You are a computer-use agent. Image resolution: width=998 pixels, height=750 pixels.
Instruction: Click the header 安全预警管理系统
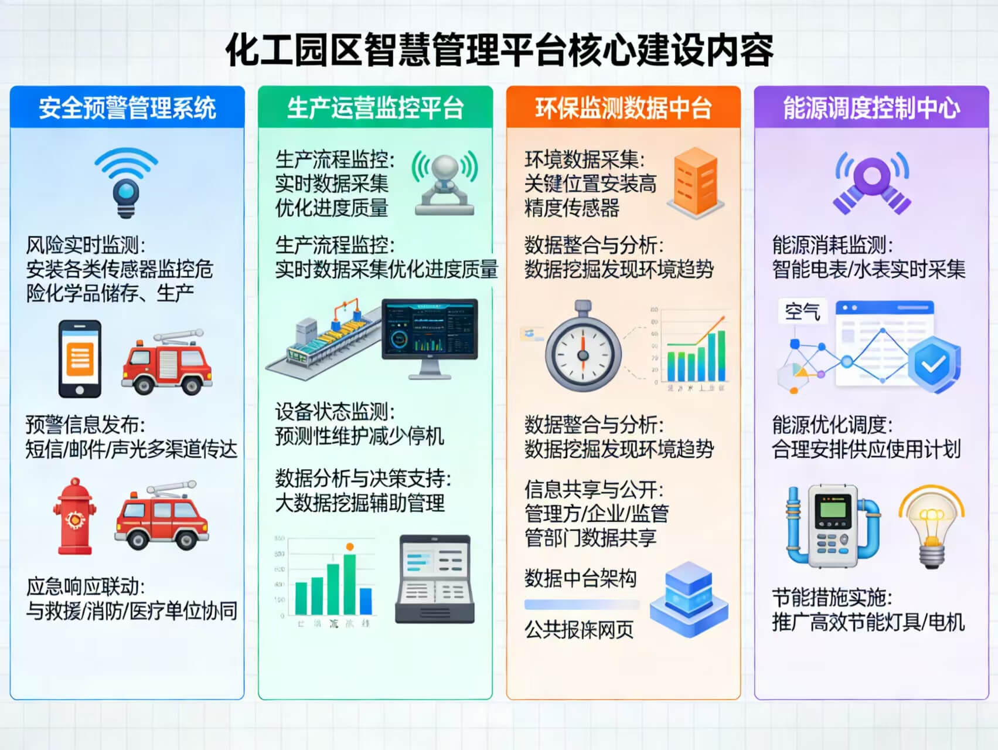click(x=127, y=108)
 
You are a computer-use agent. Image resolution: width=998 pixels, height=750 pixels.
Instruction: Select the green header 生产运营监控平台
click(x=375, y=108)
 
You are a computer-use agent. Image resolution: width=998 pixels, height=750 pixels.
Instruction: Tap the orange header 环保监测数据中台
click(x=623, y=108)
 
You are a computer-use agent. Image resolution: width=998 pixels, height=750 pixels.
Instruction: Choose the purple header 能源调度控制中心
click(x=871, y=108)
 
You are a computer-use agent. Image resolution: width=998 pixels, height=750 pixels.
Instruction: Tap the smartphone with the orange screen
click(x=80, y=359)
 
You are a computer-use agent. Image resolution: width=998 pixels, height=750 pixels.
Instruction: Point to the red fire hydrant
click(x=74, y=517)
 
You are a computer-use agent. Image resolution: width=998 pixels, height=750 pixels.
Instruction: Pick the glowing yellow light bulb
click(x=932, y=525)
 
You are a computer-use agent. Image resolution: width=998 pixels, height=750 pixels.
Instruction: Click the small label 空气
click(x=802, y=311)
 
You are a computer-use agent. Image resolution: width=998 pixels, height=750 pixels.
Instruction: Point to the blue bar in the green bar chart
click(x=366, y=600)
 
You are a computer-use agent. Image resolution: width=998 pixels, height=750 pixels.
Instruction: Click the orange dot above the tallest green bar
click(x=350, y=547)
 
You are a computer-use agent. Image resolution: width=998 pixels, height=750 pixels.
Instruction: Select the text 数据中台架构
click(x=580, y=579)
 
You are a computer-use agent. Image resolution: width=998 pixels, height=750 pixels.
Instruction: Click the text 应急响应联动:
click(x=86, y=586)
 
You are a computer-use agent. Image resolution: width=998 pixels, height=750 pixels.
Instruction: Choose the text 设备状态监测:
click(x=335, y=412)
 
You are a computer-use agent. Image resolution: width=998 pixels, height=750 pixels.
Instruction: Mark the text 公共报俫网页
click(x=579, y=630)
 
